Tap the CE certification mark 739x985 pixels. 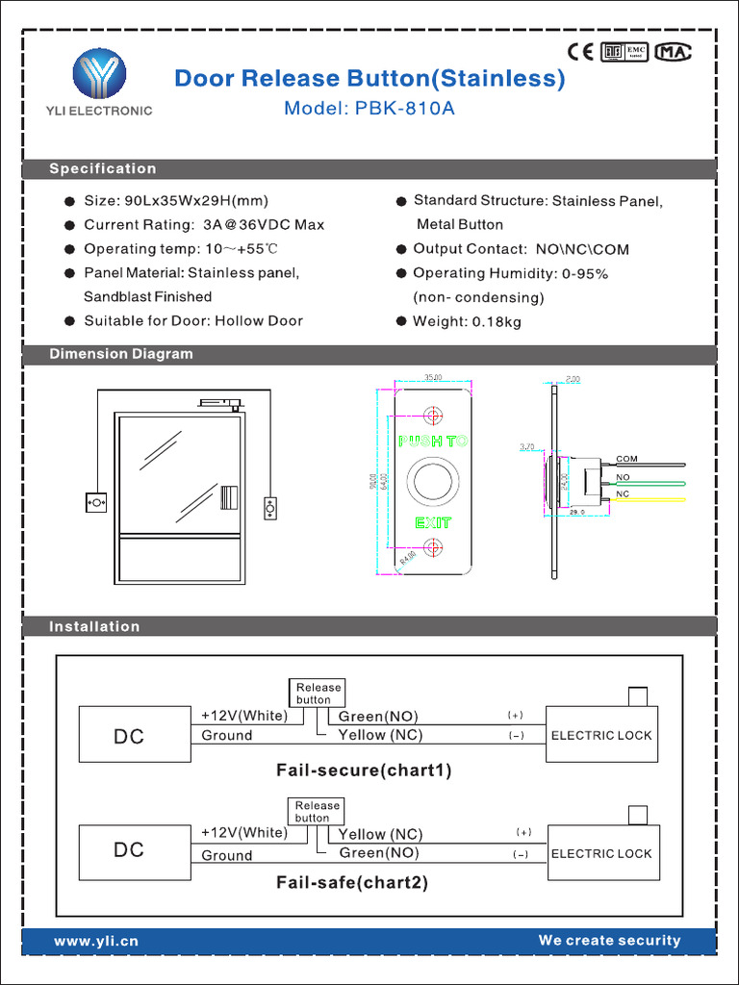(x=579, y=52)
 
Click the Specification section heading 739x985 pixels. (x=103, y=169)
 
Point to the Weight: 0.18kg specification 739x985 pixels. (x=467, y=321)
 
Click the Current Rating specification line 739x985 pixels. (x=204, y=225)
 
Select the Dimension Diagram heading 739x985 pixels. (x=121, y=354)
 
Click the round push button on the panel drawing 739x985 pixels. (x=433, y=482)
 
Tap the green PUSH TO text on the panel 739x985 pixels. (x=433, y=442)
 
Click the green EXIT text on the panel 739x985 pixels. (x=433, y=523)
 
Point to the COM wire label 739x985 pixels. (x=626, y=459)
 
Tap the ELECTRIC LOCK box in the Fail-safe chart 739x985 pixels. (x=603, y=852)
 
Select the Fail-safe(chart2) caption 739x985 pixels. (x=352, y=882)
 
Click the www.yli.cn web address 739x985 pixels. (x=96, y=942)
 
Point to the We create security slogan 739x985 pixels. (x=609, y=941)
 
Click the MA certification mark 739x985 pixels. (x=674, y=52)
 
